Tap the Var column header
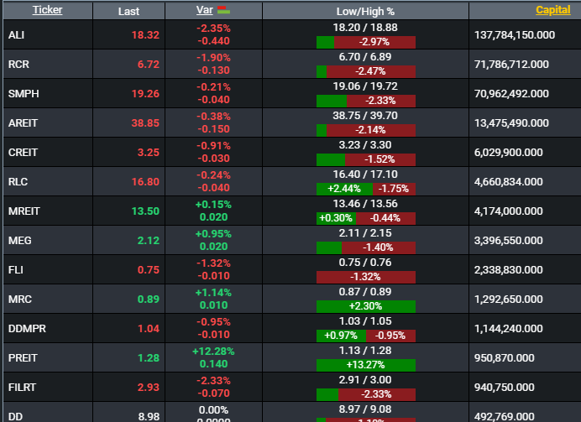pos(205,10)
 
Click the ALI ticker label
pos(17,34)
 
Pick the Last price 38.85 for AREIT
pos(144,122)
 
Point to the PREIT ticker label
pos(23,358)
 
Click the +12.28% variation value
pos(214,352)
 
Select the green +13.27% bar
pos(365,365)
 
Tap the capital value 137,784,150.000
pos(516,34)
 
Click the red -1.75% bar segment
pos(394,189)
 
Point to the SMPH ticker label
pos(23,93)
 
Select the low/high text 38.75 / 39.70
pos(365,116)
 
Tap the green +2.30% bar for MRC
pos(365,306)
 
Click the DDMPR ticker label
pos(27,329)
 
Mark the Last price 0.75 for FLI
pos(148,269)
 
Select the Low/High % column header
pos(365,10)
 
